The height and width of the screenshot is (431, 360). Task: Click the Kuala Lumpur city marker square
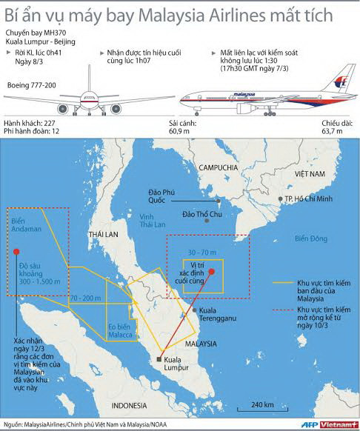tap(159, 360)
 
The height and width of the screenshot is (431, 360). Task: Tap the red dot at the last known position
tap(212, 272)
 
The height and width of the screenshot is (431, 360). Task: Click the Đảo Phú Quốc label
tap(157, 195)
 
